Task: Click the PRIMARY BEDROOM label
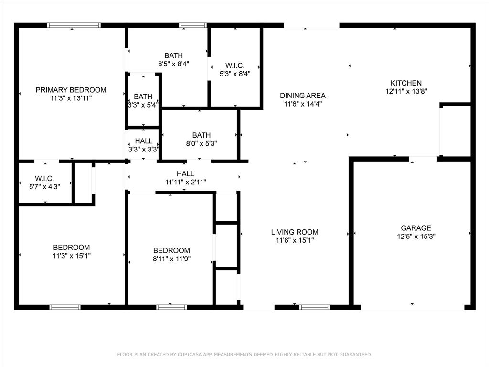click(x=71, y=90)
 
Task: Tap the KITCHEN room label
click(x=406, y=83)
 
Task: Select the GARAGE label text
click(x=416, y=228)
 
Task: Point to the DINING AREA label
click(x=302, y=96)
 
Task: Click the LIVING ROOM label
click(x=295, y=232)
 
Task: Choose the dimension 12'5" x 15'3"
click(x=416, y=236)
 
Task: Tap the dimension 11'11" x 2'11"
click(x=186, y=182)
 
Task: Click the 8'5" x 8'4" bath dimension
click(x=174, y=64)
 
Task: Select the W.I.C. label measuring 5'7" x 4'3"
click(x=44, y=179)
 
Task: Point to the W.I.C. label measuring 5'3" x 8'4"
click(x=235, y=65)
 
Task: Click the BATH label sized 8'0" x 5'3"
click(x=202, y=135)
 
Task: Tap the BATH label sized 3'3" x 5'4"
click(x=143, y=97)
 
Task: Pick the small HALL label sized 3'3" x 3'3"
click(x=144, y=141)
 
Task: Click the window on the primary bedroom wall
click(x=74, y=25)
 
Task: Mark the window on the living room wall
click(x=315, y=307)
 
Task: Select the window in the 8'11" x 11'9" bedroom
click(x=171, y=307)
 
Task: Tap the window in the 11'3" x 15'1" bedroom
click(x=65, y=307)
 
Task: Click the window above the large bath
click(x=193, y=25)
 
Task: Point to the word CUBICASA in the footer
click(x=190, y=354)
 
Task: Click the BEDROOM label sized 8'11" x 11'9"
click(x=171, y=250)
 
